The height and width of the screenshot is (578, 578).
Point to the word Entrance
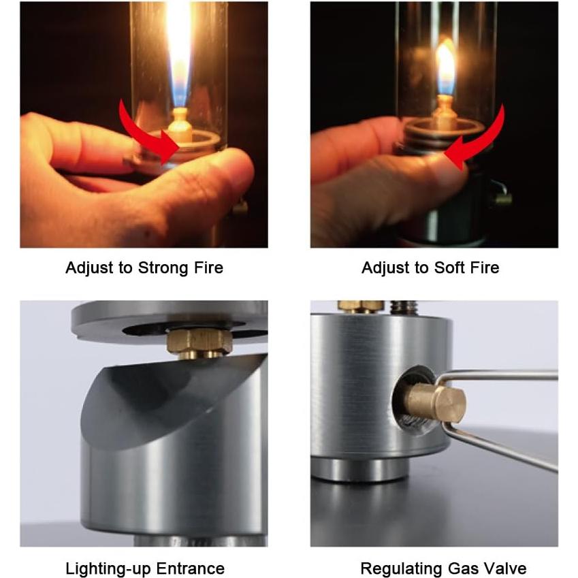pos(191,568)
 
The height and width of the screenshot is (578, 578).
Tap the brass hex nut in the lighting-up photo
pos(199,341)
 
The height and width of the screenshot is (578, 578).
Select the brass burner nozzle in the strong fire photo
pos(180,125)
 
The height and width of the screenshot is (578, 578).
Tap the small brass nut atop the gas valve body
pos(361,306)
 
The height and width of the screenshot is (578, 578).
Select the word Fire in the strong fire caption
pos(208,268)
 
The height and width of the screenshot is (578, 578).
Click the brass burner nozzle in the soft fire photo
pos(445,109)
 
